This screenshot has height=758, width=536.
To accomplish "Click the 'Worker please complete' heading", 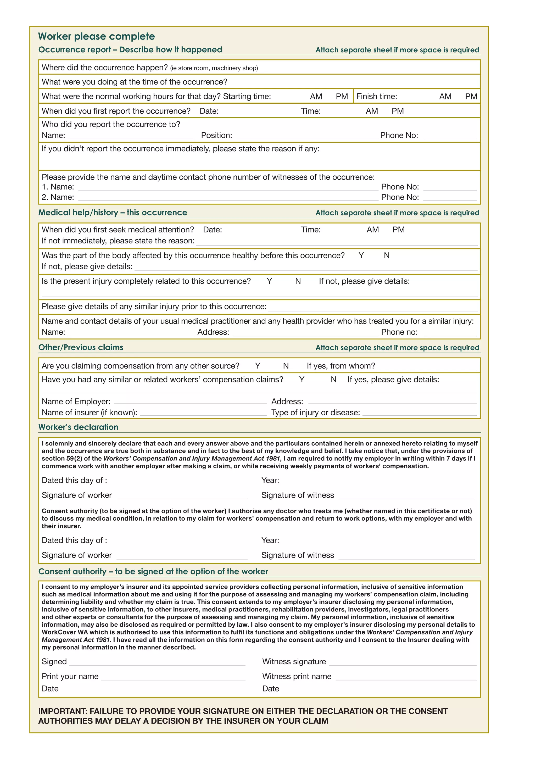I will [x=96, y=36].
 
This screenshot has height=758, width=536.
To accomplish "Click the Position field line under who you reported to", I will [x=307, y=136].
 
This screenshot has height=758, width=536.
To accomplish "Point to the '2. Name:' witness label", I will [x=58, y=197].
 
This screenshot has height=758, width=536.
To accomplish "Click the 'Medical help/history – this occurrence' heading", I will [x=113, y=213].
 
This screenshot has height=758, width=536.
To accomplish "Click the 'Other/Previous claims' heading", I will [x=81, y=347].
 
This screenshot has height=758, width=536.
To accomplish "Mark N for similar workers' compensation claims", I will [x=333, y=380].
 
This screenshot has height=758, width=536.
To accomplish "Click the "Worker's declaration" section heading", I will [x=78, y=427].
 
